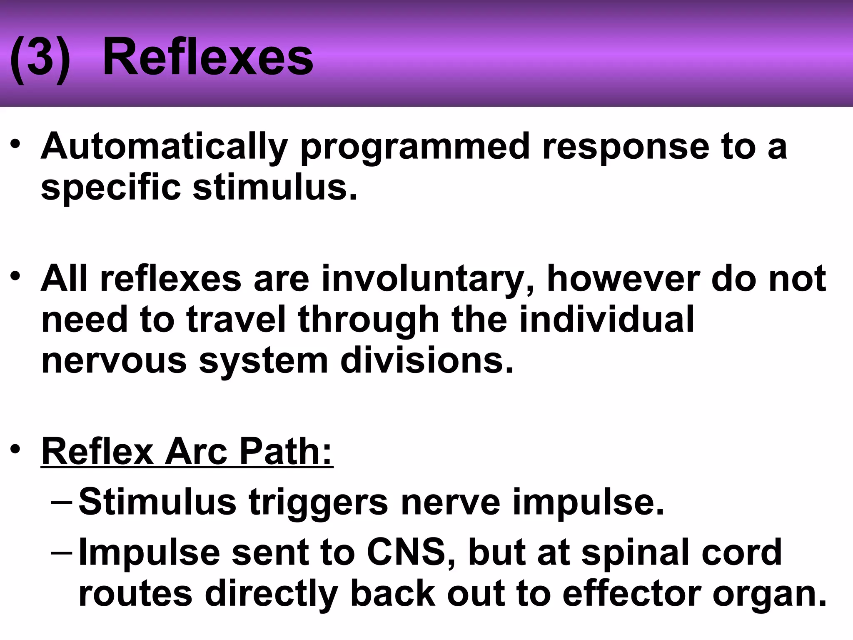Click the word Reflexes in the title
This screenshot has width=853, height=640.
[207, 57]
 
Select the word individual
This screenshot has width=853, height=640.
[607, 320]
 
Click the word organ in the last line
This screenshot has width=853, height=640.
[770, 595]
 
